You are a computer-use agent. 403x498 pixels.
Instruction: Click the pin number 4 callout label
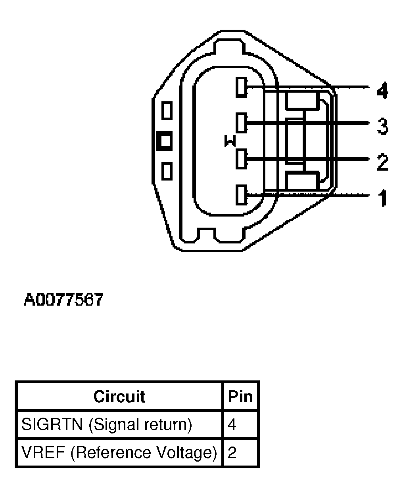pos(382,91)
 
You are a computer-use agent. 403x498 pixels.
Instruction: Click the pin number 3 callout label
pos(382,126)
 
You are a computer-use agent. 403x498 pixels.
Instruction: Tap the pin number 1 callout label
pos(382,198)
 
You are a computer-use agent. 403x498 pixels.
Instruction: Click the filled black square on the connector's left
pos(165,141)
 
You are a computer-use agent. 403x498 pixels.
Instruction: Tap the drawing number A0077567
pos(63,300)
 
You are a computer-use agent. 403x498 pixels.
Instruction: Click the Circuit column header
pos(119,396)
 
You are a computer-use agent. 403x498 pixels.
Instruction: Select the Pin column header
pos(240,396)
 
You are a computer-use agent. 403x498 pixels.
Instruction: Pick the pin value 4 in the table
pos(232,425)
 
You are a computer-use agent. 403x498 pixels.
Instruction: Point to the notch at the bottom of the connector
pos(206,234)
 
